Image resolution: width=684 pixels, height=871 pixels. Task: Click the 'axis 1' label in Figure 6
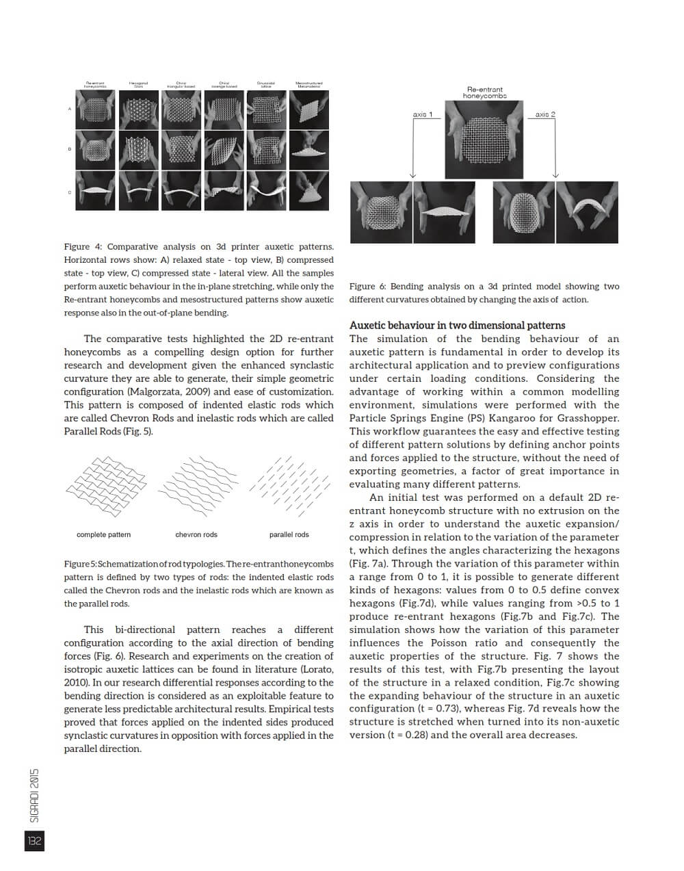[422, 114]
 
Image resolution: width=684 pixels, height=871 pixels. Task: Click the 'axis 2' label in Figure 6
[545, 114]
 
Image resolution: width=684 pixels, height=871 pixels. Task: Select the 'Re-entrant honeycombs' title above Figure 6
[484, 92]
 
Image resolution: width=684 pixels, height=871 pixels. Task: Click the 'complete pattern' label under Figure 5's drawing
[103, 534]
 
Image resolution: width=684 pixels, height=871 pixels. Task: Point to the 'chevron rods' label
[196, 534]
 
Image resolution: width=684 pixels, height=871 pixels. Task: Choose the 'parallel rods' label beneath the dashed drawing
[289, 534]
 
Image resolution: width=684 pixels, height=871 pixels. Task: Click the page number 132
[34, 841]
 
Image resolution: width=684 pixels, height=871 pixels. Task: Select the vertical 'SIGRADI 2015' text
[35, 794]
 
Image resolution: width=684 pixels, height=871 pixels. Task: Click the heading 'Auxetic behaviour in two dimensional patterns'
[457, 326]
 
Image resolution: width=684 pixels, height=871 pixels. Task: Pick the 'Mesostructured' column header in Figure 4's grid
[308, 85]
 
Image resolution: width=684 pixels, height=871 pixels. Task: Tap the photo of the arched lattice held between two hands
[588, 213]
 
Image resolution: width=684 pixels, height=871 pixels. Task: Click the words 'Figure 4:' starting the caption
[83, 247]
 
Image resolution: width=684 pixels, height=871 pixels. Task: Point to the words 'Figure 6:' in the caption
[367, 287]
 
